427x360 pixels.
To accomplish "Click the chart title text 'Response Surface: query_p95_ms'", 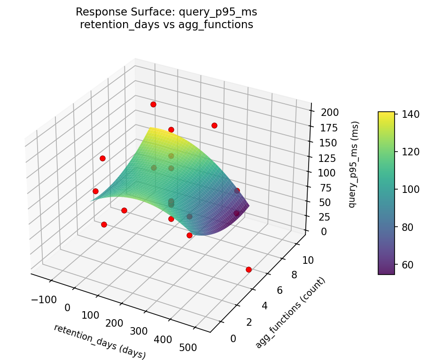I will pyautogui.click(x=166, y=12).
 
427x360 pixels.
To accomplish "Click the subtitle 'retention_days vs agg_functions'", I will pyautogui.click(x=166, y=25).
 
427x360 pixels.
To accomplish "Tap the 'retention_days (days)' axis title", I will pyautogui.click(x=100, y=341).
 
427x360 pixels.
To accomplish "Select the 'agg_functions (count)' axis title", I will pyautogui.click(x=290, y=313).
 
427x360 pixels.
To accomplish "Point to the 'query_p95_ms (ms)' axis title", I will pyautogui.click(x=356, y=164).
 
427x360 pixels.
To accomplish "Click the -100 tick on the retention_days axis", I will pyautogui.click(x=45, y=299).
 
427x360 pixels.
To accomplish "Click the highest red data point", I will pyautogui.click(x=153, y=104).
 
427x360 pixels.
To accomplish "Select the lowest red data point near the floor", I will pyautogui.click(x=248, y=269).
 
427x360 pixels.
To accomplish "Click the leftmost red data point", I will pyautogui.click(x=95, y=191).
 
